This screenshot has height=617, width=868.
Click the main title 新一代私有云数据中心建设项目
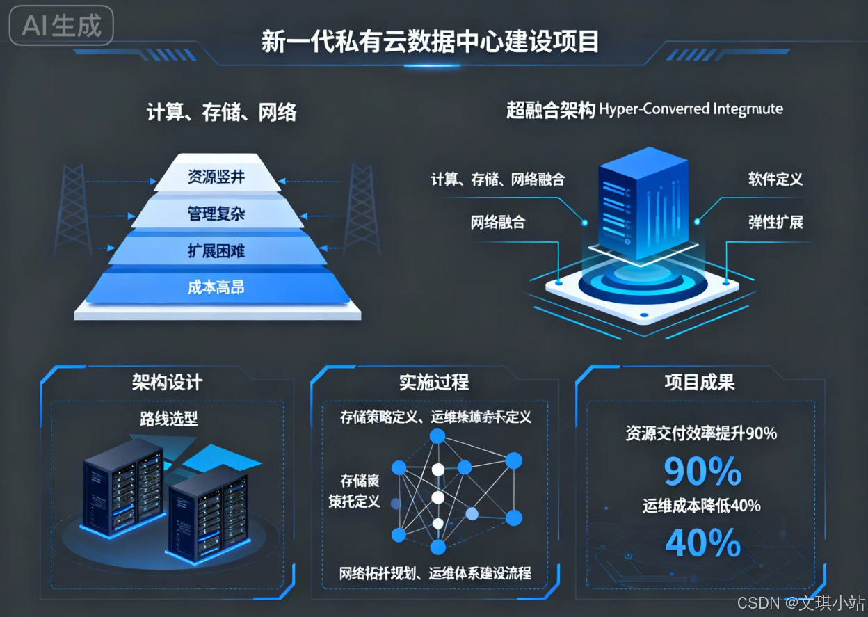point(430,42)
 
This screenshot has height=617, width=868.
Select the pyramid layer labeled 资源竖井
point(216,177)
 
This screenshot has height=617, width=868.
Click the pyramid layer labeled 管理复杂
point(216,214)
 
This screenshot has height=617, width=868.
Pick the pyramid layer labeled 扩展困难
point(216,250)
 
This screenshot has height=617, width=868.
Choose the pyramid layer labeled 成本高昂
point(216,287)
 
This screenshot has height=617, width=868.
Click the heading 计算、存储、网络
point(221,112)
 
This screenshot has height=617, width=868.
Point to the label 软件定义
point(775,179)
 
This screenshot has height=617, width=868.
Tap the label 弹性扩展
point(775,223)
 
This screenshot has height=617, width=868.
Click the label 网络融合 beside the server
point(497,223)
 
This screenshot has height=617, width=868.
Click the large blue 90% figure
point(702,472)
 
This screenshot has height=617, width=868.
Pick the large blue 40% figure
point(702,543)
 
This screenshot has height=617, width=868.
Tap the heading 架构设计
point(167,382)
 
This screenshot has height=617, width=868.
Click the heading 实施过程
point(434,382)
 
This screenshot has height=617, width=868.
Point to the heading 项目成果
point(700,382)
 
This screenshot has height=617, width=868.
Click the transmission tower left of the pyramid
point(73,209)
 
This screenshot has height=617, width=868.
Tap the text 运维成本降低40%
point(701,506)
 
